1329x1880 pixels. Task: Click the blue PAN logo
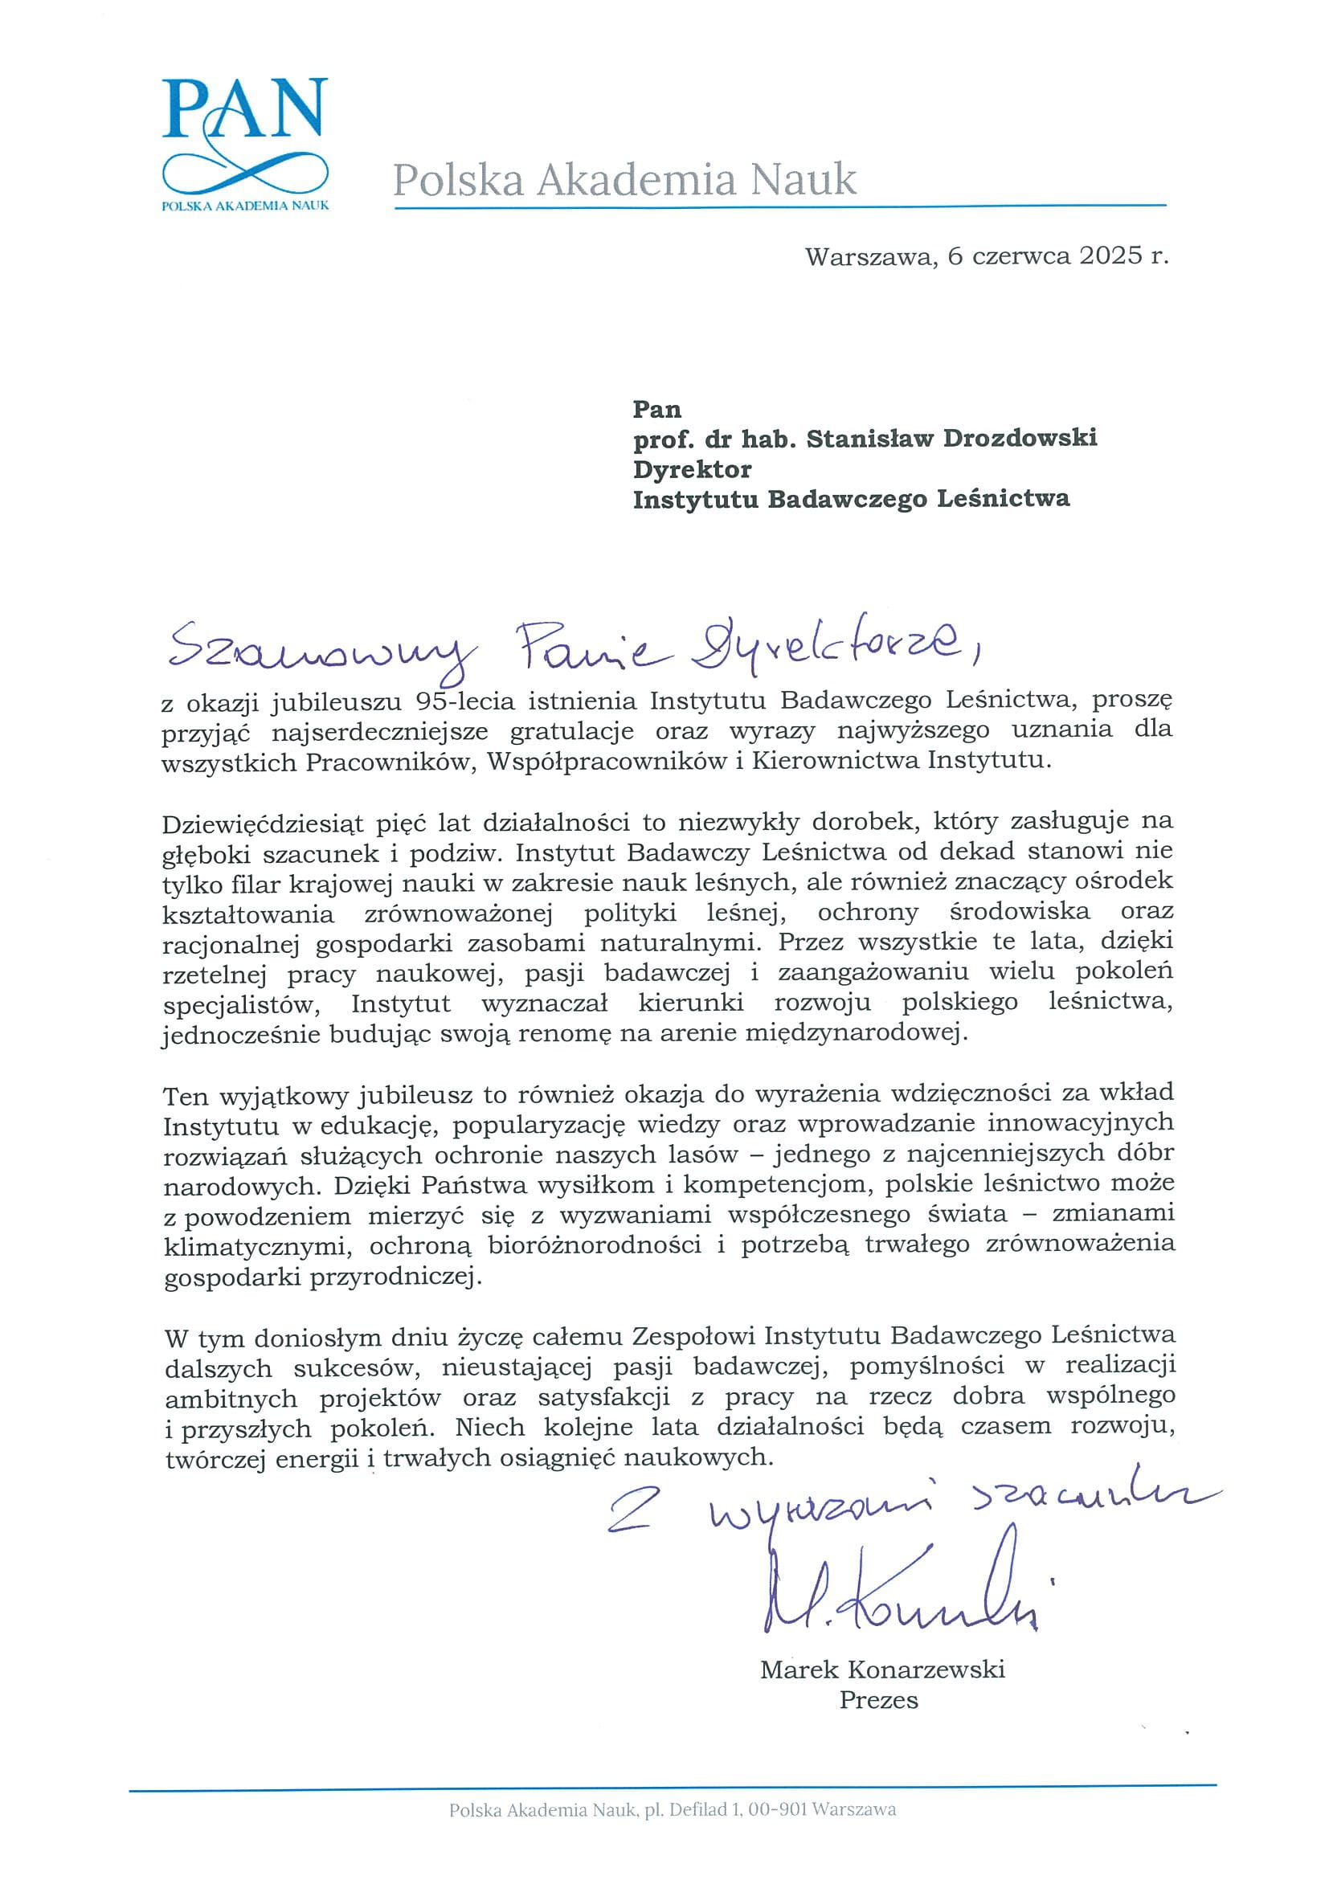coord(245,143)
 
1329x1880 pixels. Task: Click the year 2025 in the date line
coord(1110,255)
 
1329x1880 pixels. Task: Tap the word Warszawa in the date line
coord(869,256)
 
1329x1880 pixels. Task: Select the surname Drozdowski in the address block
coord(1020,438)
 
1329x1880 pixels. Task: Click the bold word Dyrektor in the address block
coord(692,469)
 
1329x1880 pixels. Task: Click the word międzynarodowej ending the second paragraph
coord(855,1033)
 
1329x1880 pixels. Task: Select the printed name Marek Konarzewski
coord(882,1669)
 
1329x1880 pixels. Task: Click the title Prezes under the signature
coord(878,1700)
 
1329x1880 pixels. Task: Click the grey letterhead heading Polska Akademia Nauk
coord(625,179)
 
